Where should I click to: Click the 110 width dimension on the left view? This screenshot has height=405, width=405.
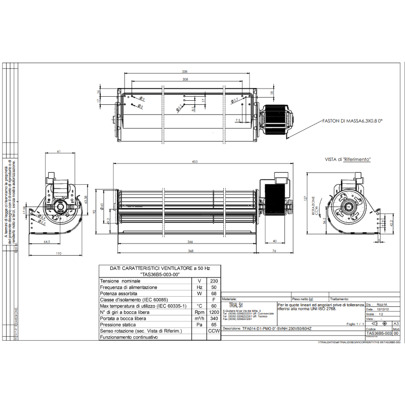(x=58, y=253)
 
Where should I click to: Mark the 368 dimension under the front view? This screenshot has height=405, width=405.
(x=190, y=251)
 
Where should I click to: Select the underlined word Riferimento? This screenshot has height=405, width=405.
(x=357, y=159)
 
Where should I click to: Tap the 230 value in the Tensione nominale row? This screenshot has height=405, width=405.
(x=214, y=281)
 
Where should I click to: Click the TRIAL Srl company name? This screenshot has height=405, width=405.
(x=234, y=305)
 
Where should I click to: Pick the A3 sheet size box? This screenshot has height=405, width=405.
(x=396, y=323)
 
